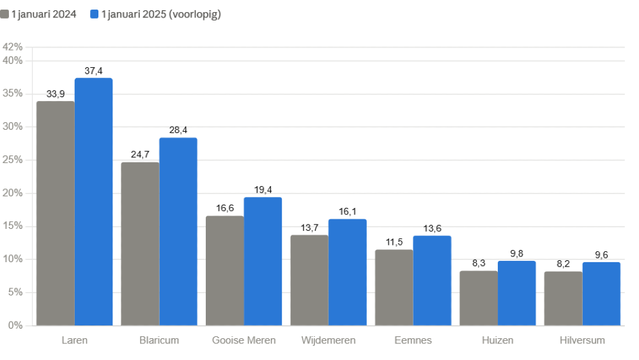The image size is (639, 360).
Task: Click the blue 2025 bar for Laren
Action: [94, 202]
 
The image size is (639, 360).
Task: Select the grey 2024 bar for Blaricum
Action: [140, 244]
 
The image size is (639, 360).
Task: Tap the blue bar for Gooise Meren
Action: [263, 262]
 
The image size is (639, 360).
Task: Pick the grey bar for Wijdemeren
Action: [309, 280]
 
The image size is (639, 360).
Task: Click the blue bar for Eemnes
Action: [432, 281]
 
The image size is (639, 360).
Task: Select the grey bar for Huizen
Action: [479, 298]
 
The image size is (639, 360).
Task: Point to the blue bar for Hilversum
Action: [601, 294]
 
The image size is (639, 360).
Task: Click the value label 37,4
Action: [94, 71]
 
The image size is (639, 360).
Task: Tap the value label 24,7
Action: [140, 155]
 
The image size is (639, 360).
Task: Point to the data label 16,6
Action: [225, 208]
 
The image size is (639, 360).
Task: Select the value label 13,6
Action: [433, 228]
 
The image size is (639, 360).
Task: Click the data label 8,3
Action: [479, 263]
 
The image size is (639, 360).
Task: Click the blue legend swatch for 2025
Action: [95, 14]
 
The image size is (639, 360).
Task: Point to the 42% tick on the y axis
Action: [13, 47]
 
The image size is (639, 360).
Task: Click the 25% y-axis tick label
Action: [13, 160]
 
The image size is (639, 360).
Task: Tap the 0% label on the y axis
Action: [15, 325]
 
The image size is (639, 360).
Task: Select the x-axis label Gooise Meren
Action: [243, 340]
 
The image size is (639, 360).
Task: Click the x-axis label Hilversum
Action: [582, 340]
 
